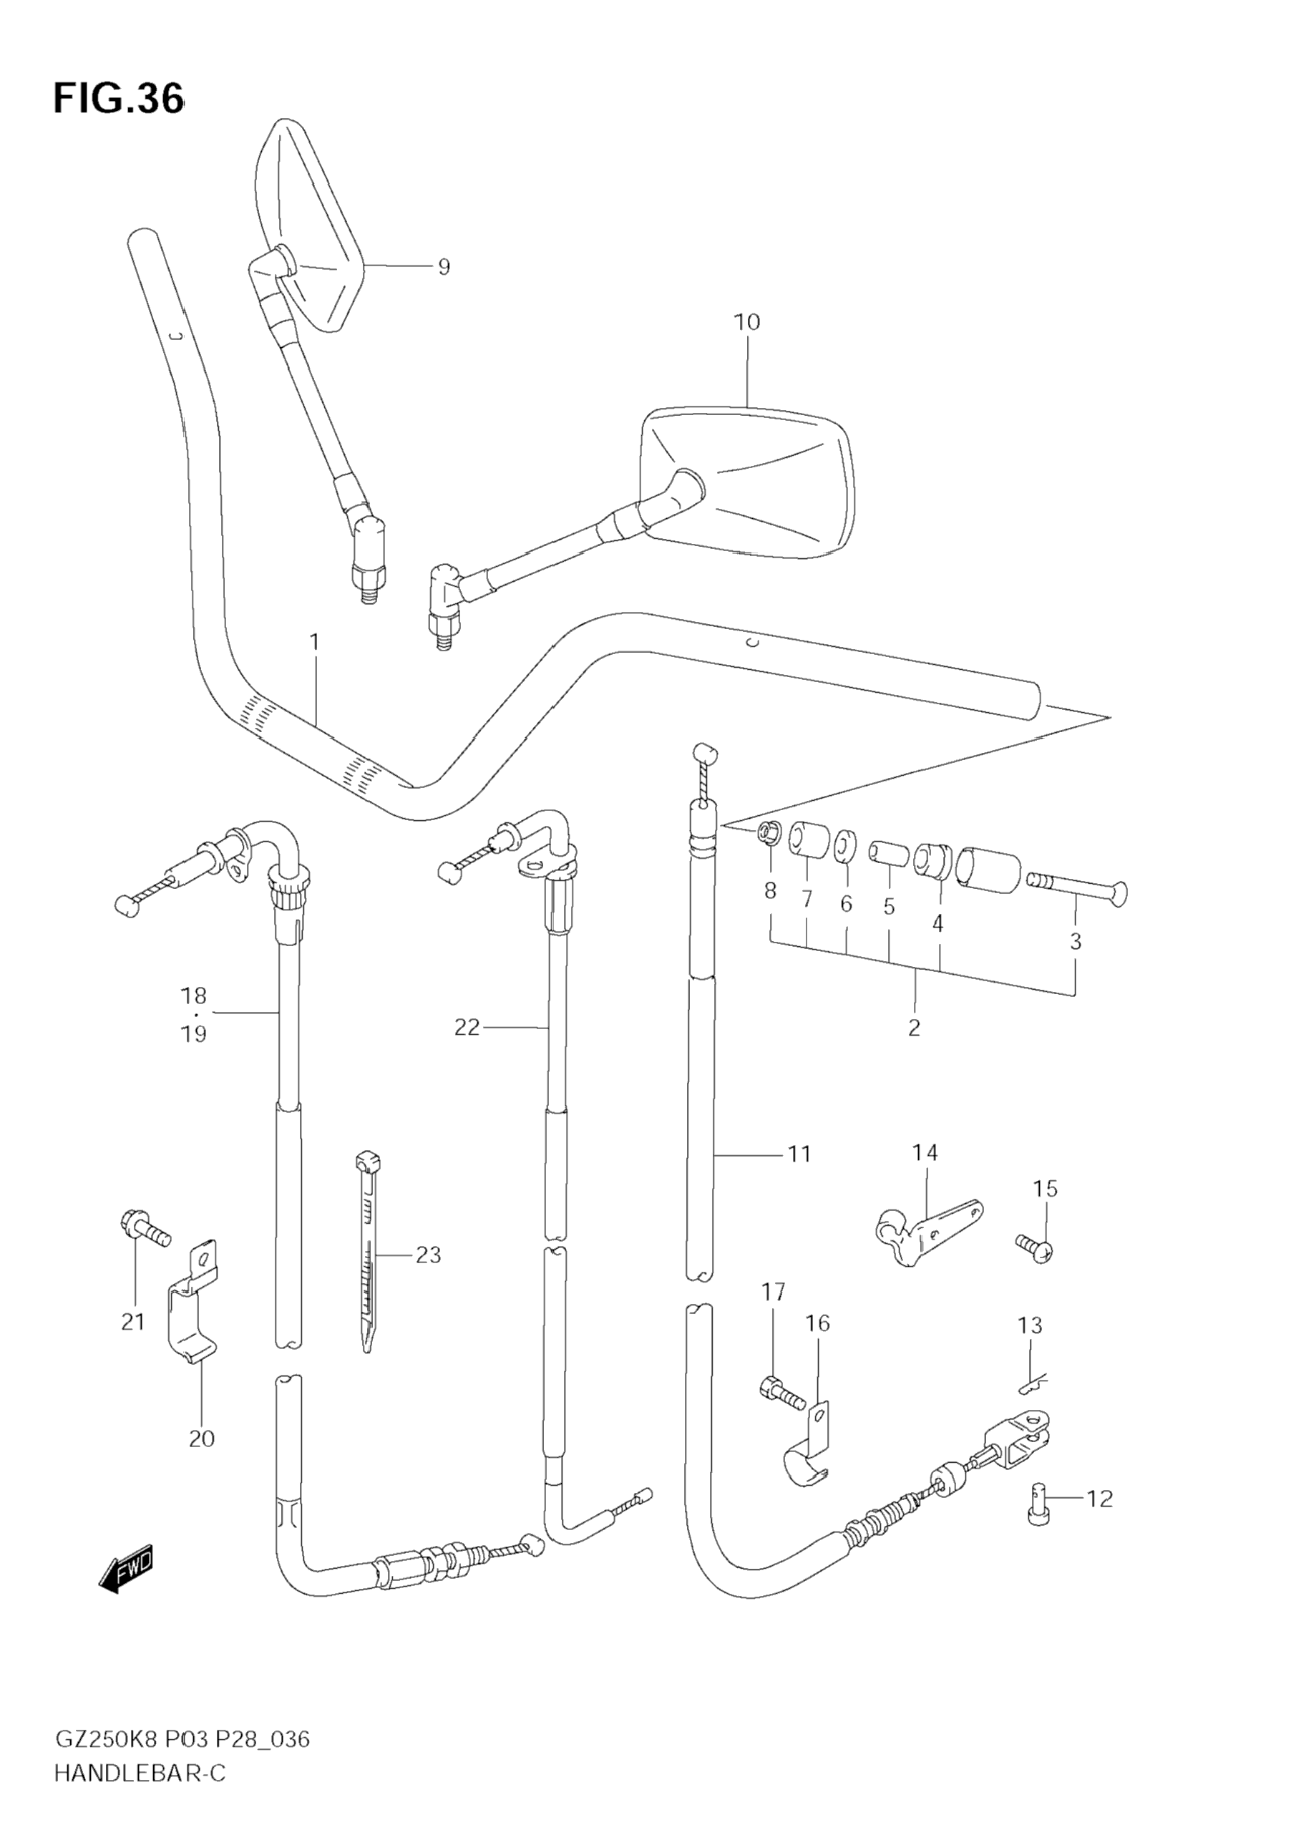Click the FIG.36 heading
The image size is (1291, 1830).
point(118,99)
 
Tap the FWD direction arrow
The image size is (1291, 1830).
point(126,1571)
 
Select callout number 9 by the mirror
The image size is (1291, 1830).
point(444,267)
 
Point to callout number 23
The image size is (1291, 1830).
point(428,1255)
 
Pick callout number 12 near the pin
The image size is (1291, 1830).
point(1099,1499)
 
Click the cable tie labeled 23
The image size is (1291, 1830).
point(368,1251)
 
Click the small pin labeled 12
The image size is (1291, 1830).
point(1038,1502)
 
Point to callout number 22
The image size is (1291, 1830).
point(467,1028)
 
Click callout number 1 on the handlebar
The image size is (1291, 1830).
point(314,642)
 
